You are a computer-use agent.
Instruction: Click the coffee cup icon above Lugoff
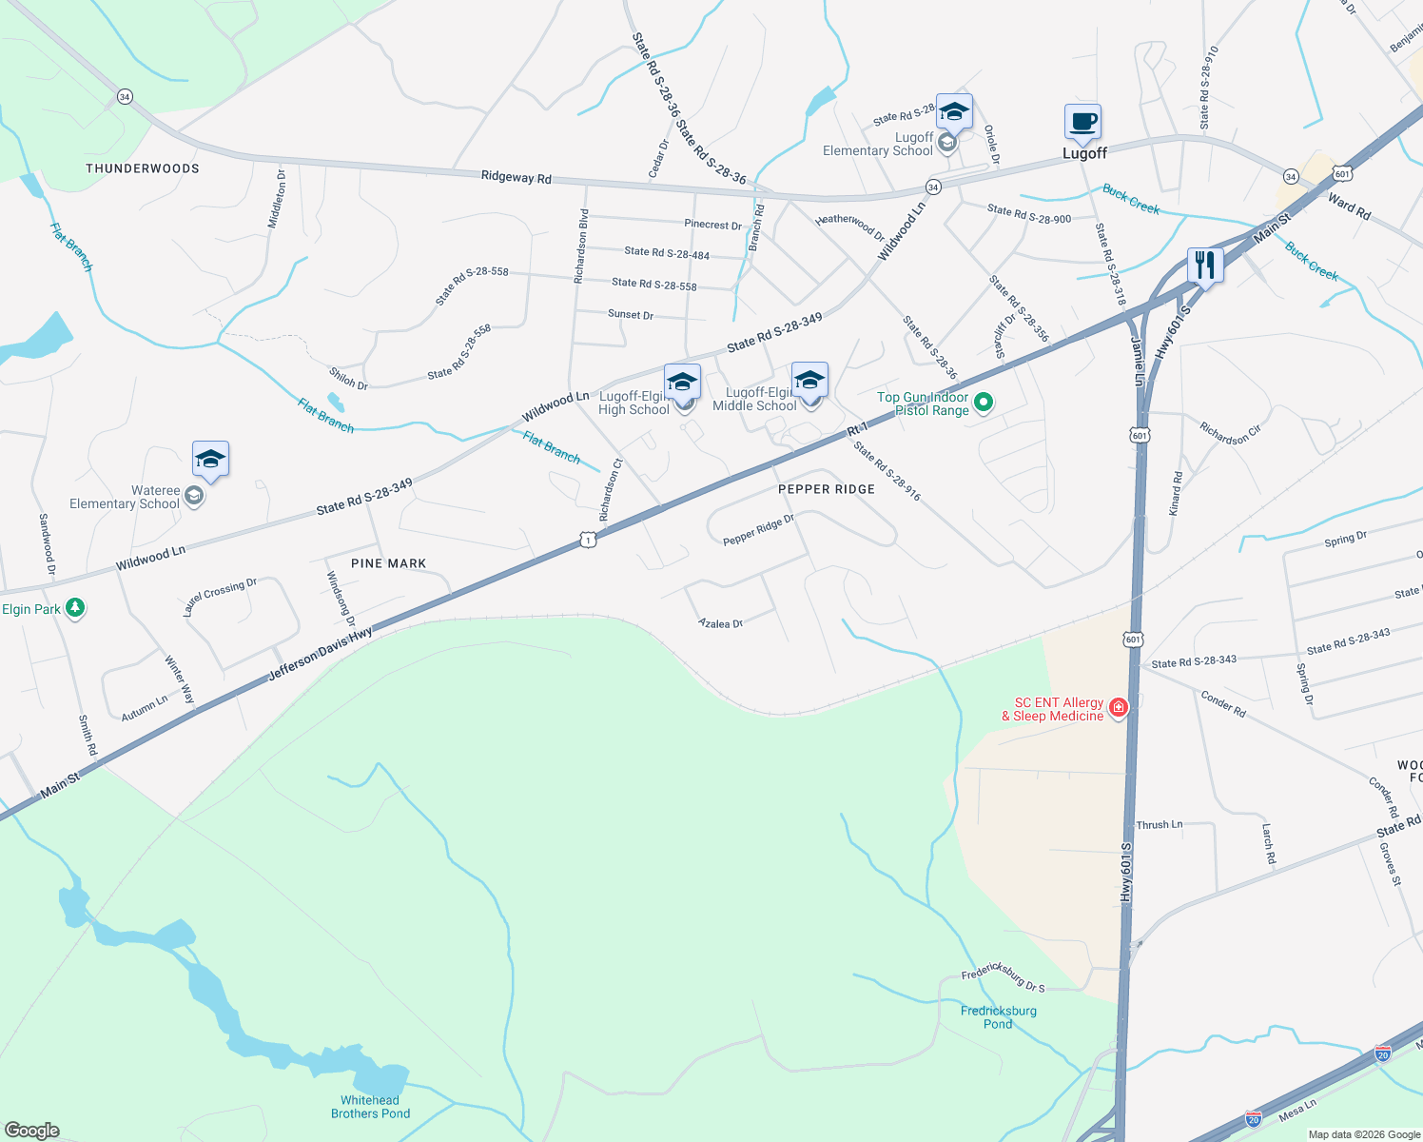(1082, 123)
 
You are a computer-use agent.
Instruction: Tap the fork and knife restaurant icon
(1205, 266)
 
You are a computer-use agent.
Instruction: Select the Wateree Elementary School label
(125, 497)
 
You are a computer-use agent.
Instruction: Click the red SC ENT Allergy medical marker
(1119, 707)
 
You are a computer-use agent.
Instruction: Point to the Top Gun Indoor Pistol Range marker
(984, 403)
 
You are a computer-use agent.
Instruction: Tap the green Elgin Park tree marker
(75, 608)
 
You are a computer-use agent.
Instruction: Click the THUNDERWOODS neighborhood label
(143, 168)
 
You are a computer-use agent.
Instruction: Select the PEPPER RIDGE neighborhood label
(827, 489)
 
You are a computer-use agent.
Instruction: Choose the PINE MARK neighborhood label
(389, 563)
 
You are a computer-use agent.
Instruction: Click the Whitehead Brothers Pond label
(371, 1107)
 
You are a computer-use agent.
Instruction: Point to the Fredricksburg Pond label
(999, 1017)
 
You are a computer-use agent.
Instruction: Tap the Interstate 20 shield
(1383, 1053)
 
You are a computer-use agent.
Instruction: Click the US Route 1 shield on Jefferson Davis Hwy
(588, 541)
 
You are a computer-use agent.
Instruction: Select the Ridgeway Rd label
(516, 177)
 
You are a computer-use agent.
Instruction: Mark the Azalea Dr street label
(720, 623)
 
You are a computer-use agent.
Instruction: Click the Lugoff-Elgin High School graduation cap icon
(682, 382)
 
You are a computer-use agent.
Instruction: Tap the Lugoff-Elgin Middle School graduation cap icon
(809, 381)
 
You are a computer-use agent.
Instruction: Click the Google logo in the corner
(32, 1130)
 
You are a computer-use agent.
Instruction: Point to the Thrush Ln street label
(1160, 825)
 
